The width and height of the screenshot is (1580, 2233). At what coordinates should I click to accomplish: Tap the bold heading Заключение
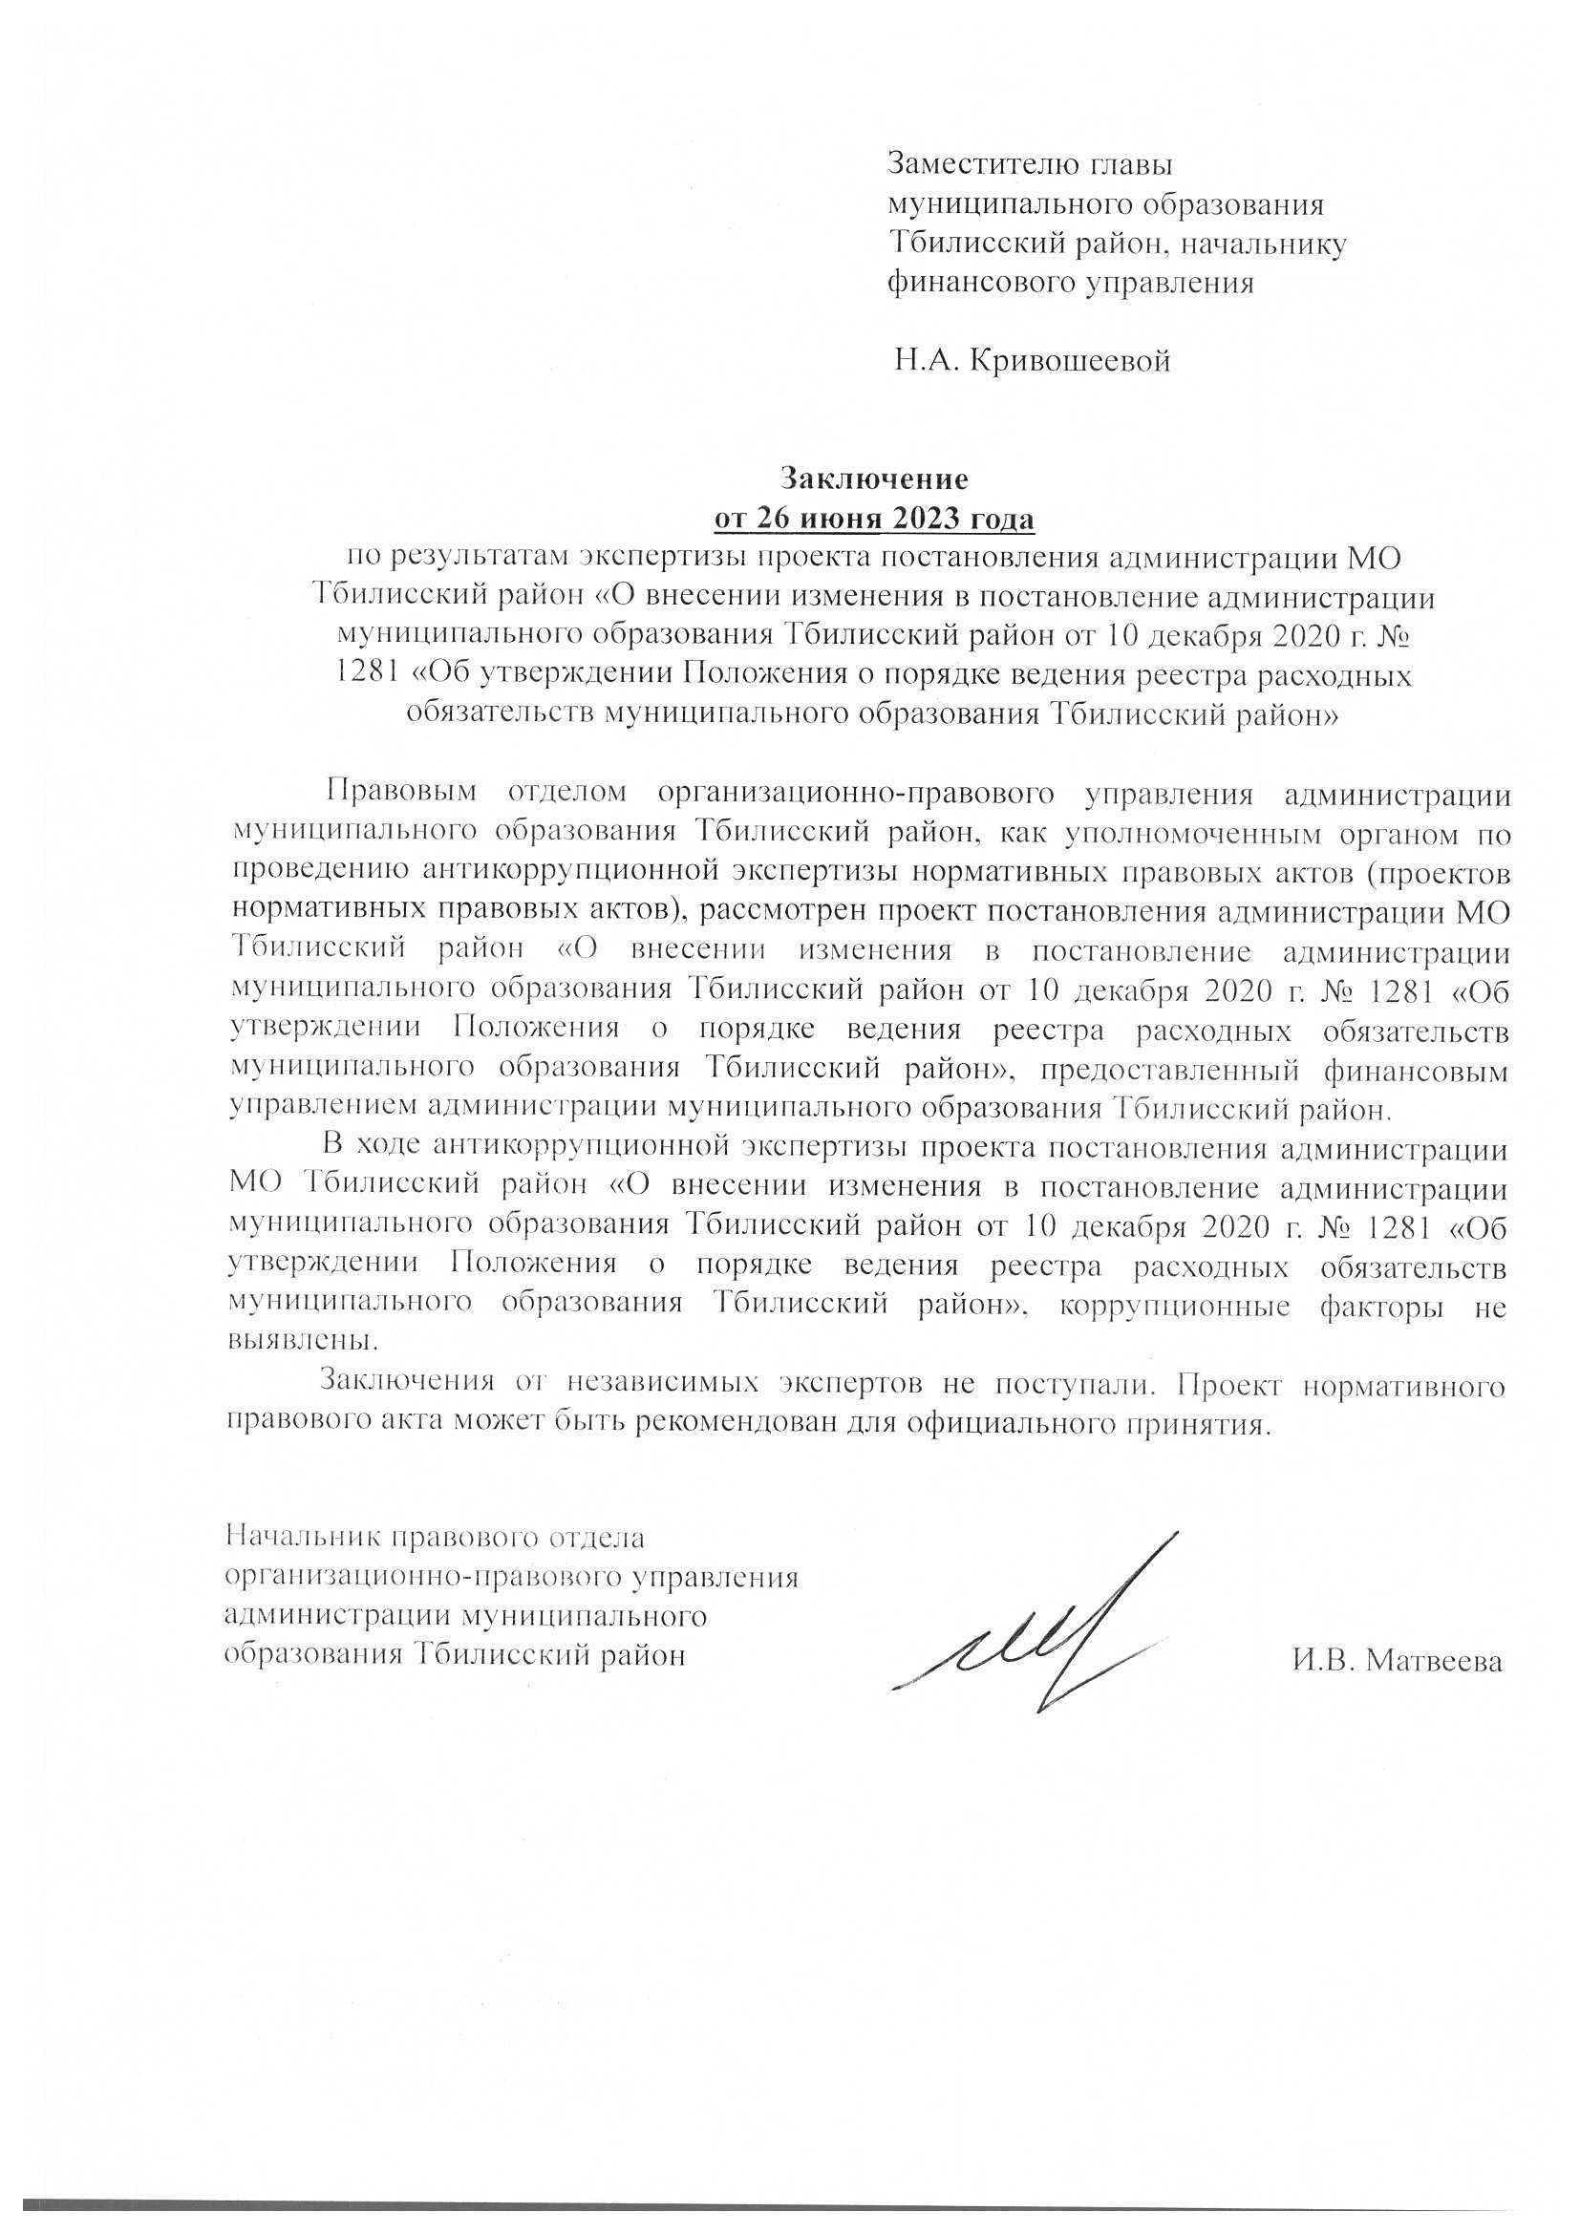[874, 478]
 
